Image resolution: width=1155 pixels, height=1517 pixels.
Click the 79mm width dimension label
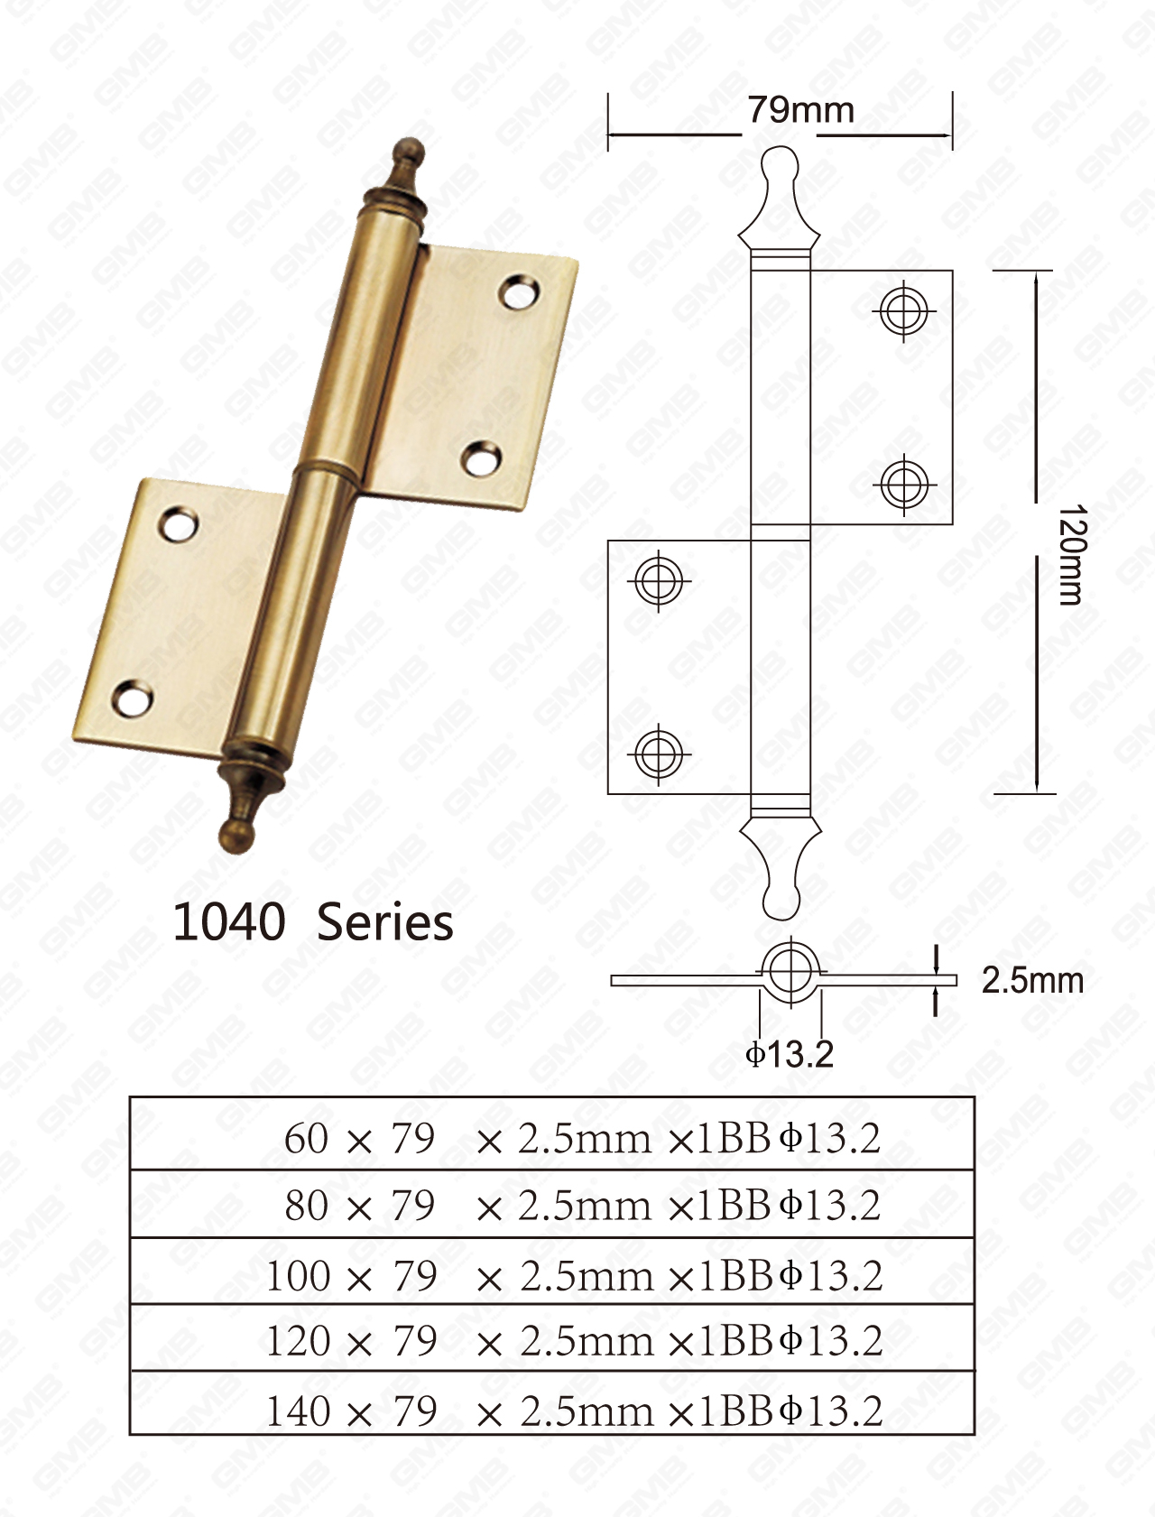[x=800, y=110]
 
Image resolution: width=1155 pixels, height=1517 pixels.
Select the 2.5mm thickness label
[x=1032, y=980]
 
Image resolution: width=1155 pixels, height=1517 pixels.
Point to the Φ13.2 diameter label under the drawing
[x=790, y=1053]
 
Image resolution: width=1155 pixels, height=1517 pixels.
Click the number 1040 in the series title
[x=229, y=922]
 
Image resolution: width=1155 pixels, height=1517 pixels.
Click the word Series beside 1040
[x=385, y=922]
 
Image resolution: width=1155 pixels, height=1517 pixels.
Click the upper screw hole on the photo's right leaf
[x=521, y=292]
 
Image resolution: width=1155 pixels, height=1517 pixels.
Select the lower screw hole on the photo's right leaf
[x=483, y=458]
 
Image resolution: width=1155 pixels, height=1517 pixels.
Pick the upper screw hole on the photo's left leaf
[x=180, y=525]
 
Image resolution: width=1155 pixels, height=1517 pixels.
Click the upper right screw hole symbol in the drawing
[x=903, y=310]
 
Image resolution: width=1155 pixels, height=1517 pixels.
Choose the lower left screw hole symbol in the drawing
[x=659, y=753]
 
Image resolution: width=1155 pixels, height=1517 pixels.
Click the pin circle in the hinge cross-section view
[x=790, y=970]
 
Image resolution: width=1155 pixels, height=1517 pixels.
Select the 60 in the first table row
[x=307, y=1138]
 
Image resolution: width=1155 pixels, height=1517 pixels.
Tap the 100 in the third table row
[x=298, y=1275]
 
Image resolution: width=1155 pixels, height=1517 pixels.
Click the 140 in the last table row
[x=298, y=1411]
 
